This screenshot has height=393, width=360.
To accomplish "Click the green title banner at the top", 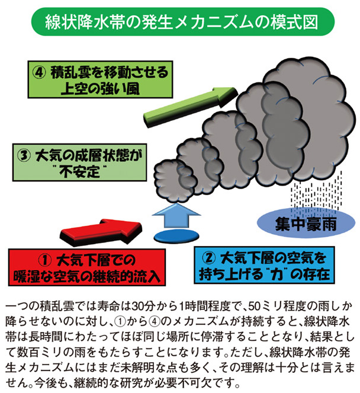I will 181,23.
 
